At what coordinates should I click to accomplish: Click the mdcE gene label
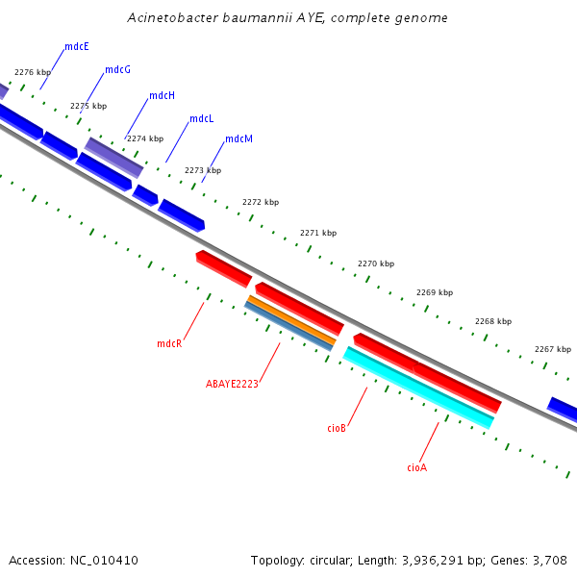point(77,46)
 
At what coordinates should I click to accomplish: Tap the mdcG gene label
point(117,70)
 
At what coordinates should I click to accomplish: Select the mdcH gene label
point(162,96)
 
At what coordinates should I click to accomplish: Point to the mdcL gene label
point(202,119)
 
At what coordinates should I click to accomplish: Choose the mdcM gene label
point(239,139)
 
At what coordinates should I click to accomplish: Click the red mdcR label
point(169,343)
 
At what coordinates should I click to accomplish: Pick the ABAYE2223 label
point(232,384)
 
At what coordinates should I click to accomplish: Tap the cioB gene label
point(337,428)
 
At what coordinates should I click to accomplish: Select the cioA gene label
point(416,467)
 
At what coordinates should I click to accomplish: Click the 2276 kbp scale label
point(33,73)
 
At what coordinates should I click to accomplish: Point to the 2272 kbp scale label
point(261,203)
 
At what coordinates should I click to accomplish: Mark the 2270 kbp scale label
point(376,263)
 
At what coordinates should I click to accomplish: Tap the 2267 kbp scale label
point(553,350)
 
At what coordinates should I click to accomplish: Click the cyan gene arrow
point(418,389)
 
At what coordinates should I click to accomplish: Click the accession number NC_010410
point(105,561)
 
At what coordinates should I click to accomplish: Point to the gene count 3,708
point(550,561)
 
